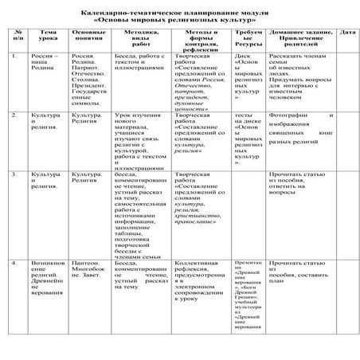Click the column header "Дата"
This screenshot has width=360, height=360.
point(347,33)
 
